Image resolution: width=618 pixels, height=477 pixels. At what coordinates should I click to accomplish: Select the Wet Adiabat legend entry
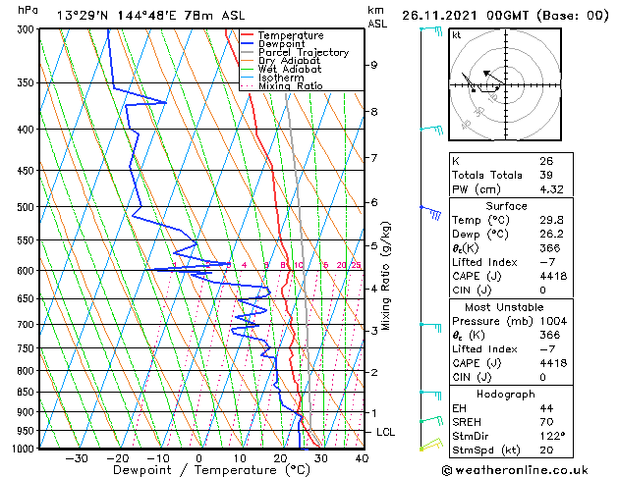point(289,69)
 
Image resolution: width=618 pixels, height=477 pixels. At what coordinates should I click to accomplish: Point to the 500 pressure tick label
point(24,207)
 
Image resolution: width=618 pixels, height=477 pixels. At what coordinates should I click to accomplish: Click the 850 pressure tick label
point(24,392)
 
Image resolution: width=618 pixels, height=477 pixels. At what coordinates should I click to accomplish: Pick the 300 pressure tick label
point(24,29)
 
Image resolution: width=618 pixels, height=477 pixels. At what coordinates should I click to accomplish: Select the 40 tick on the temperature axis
point(362,458)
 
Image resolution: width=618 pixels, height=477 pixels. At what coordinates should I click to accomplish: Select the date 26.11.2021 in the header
point(439,15)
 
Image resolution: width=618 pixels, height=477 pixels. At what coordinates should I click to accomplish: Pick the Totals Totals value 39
point(545,175)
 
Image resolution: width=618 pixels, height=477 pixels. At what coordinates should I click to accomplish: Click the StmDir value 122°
point(551,436)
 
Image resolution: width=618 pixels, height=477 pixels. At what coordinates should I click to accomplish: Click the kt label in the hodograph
point(457,34)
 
